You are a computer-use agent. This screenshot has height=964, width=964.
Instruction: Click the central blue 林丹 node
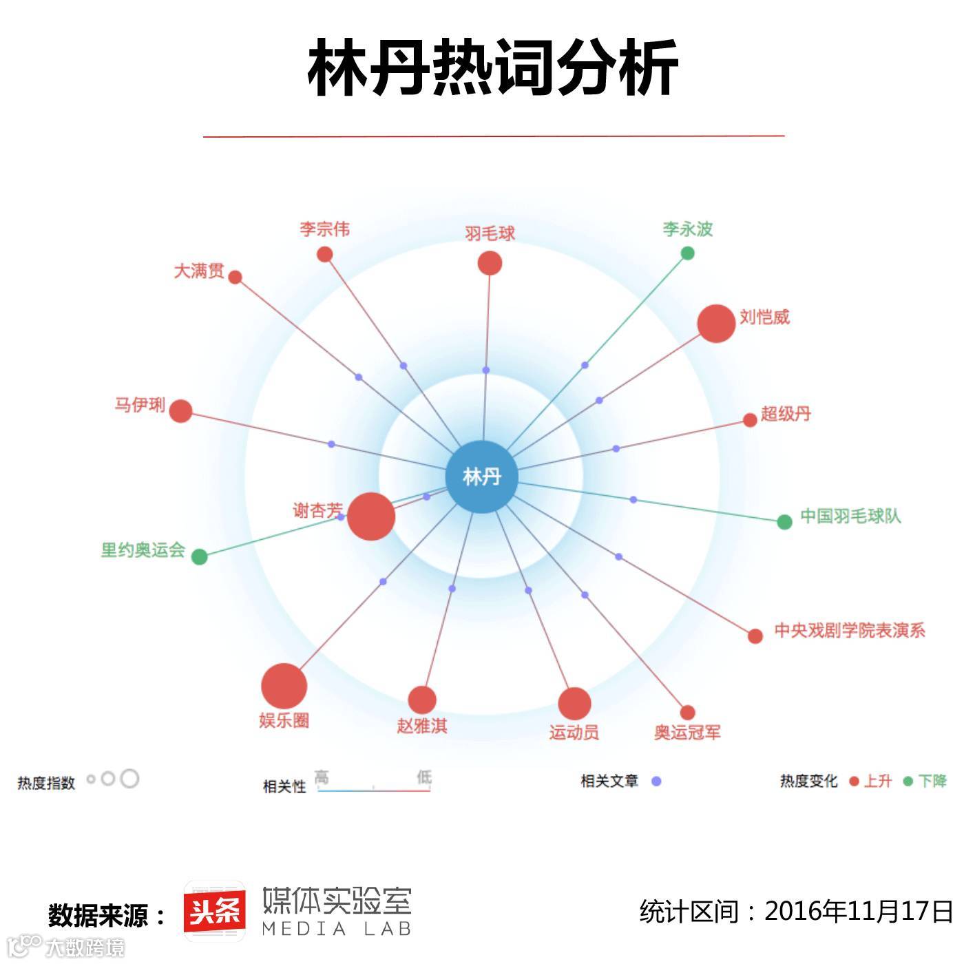pos(481,476)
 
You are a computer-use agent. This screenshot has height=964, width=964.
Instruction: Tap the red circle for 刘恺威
pos(716,323)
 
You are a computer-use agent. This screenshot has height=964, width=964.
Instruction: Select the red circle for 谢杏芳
pos(370,516)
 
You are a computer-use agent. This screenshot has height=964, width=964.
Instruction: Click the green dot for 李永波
pos(687,253)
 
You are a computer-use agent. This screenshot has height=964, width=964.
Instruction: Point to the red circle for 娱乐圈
pos(284,686)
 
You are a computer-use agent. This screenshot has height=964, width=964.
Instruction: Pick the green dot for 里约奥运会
pos(199,556)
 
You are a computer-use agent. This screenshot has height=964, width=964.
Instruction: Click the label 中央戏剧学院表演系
pos(849,630)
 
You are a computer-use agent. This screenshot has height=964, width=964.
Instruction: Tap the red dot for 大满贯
pos(235,277)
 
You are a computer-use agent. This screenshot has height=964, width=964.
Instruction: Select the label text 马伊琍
pos(140,405)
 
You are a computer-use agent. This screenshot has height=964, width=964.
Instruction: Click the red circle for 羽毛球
pos(490,263)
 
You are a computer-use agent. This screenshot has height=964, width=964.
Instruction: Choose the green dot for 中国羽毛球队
pos(784,522)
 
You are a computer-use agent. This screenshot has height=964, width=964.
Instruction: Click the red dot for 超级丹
pos(750,420)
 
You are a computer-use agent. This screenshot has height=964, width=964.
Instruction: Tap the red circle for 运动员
pos(574,704)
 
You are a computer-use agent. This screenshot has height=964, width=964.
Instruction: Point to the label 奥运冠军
pos(687,733)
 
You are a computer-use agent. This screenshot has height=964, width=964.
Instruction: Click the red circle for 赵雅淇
pos(422,700)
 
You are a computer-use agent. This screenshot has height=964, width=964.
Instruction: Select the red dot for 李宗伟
pos(325,255)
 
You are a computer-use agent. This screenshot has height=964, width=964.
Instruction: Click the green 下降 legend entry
pos(927,781)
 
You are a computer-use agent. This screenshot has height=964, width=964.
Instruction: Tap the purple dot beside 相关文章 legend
pos(656,781)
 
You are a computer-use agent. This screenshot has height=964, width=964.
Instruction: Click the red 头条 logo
pos(215,912)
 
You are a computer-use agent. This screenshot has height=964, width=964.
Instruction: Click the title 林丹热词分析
pos(493,67)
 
